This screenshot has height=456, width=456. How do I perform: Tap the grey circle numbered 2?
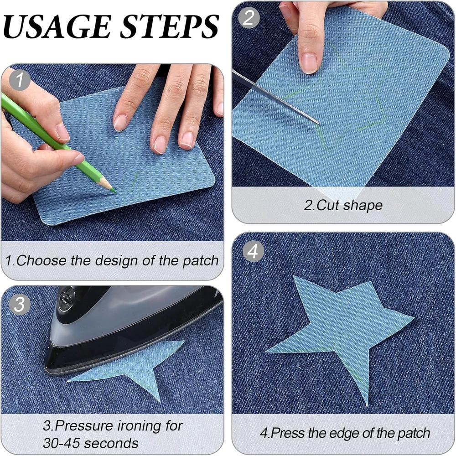click(x=249, y=17)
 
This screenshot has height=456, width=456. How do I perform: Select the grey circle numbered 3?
click(x=20, y=305)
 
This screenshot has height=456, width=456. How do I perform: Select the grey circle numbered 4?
click(x=253, y=251)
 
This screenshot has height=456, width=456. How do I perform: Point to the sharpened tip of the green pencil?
click(x=115, y=192)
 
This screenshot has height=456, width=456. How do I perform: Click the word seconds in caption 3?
click(x=111, y=444)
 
